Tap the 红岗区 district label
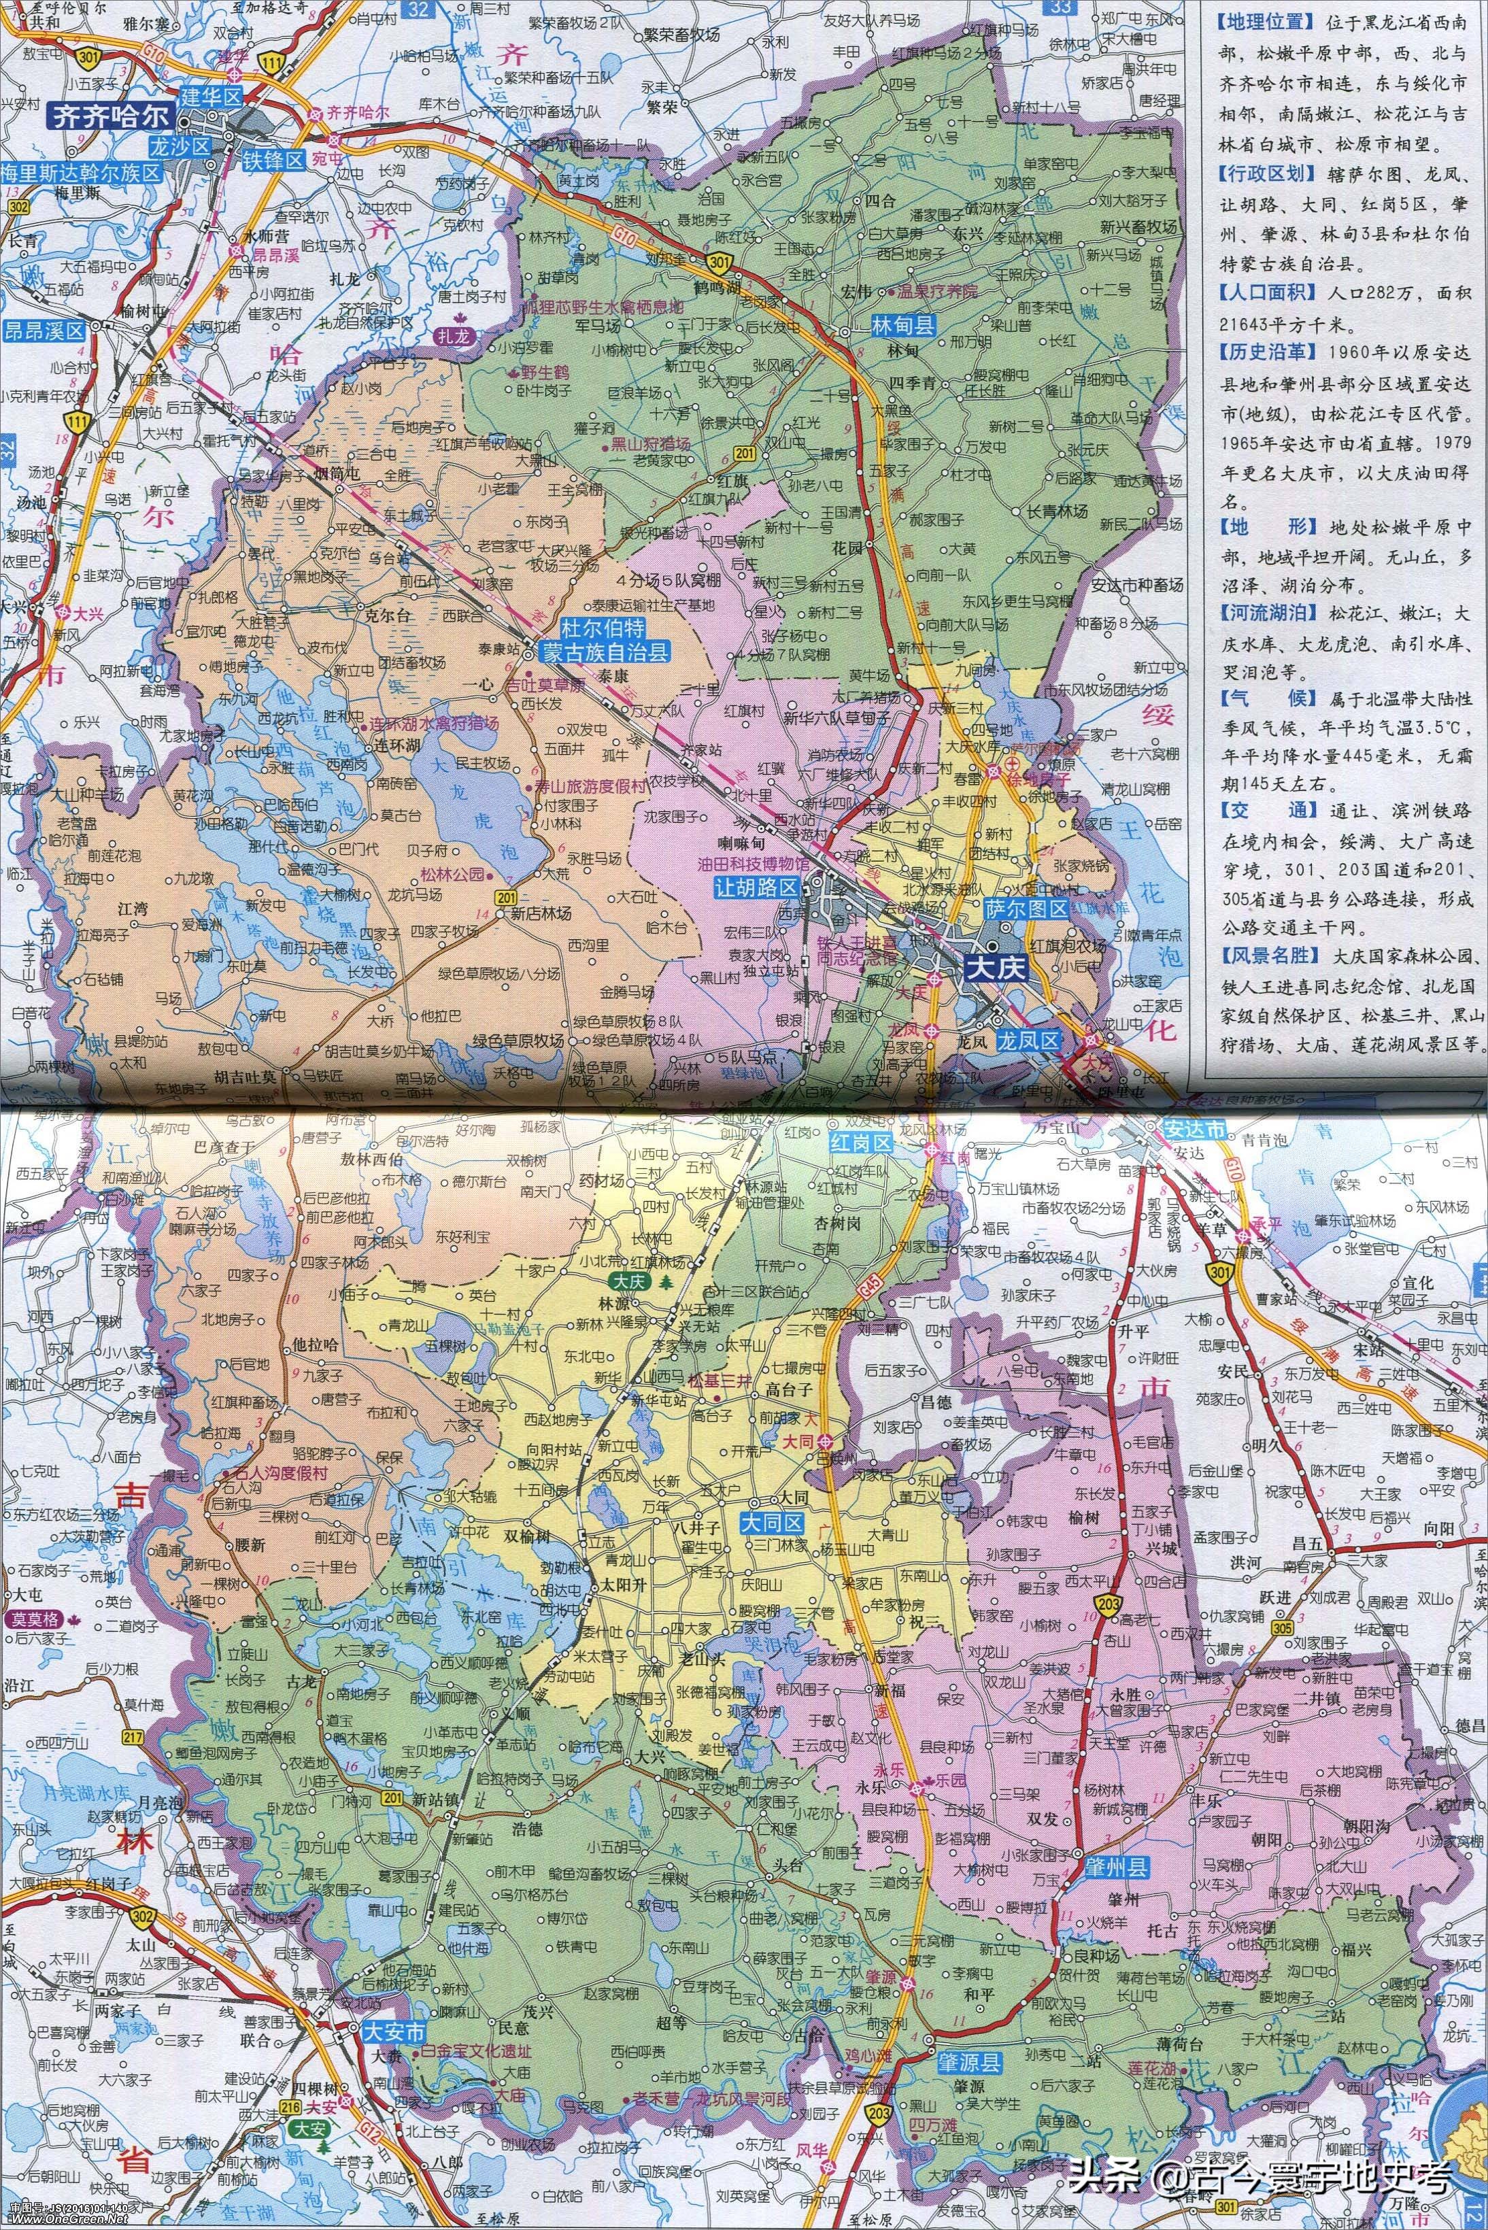pos(860,1143)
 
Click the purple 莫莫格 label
pos(33,1622)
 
